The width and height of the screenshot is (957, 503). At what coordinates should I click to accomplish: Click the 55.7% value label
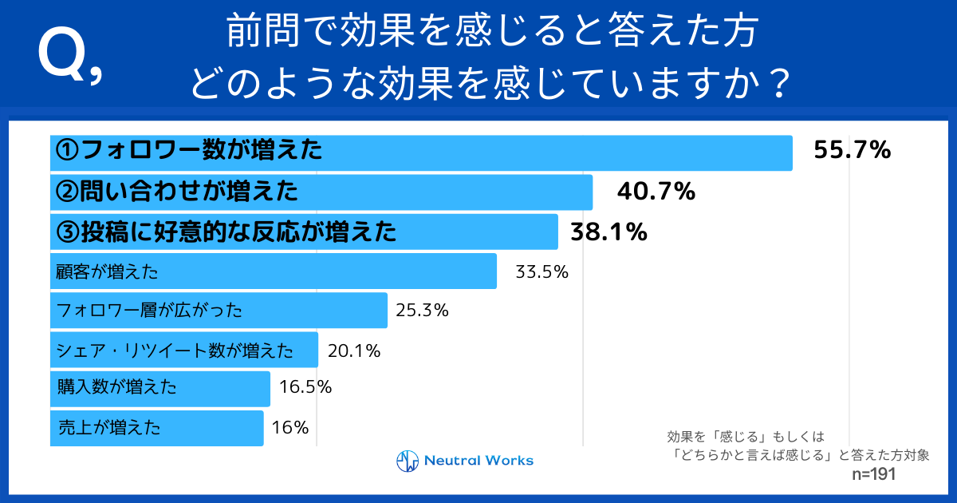click(x=852, y=150)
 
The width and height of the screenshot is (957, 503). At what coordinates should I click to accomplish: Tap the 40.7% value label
click(x=656, y=192)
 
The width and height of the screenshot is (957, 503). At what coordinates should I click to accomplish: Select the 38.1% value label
click(x=608, y=232)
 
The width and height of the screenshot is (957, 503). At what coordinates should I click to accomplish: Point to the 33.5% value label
click(x=542, y=271)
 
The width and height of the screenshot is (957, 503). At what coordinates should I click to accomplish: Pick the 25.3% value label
click(x=422, y=310)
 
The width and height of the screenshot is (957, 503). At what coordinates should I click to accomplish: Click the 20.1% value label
click(x=352, y=350)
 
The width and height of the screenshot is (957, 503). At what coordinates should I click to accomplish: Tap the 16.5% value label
click(x=305, y=388)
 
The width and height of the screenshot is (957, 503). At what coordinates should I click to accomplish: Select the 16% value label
click(x=290, y=427)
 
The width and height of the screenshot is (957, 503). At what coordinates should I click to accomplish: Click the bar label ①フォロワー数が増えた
click(x=188, y=149)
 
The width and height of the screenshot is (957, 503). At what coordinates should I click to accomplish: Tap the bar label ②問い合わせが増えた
click(x=176, y=191)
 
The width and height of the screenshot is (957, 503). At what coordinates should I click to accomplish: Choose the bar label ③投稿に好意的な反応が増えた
click(x=226, y=232)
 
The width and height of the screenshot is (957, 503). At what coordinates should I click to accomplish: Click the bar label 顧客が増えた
click(x=108, y=271)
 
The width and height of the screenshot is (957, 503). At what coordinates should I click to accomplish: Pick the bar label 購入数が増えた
click(x=117, y=388)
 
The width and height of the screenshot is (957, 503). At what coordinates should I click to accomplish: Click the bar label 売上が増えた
click(x=110, y=427)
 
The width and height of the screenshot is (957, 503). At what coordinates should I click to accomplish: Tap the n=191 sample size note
click(x=875, y=474)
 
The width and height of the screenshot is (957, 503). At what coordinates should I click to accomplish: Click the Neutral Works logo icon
click(x=408, y=461)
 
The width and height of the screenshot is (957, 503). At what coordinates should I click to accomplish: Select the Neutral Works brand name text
click(x=478, y=461)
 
